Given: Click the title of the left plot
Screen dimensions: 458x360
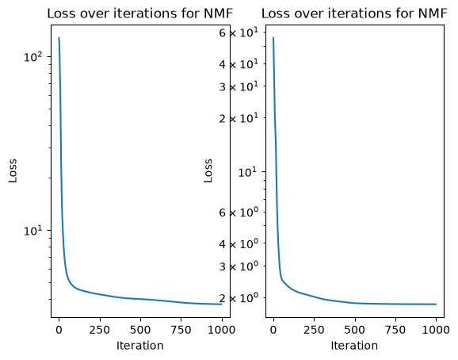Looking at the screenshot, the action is click(140, 13).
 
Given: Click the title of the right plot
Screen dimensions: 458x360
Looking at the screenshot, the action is click(354, 13).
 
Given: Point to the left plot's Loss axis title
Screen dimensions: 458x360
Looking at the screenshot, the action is click(13, 171).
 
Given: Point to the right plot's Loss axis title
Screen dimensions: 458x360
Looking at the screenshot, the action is click(208, 171).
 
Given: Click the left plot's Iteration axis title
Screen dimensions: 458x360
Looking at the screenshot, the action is click(140, 346).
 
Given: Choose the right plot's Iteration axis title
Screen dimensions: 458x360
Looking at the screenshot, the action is click(354, 346).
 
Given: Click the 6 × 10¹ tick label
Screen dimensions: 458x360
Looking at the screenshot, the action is click(239, 33).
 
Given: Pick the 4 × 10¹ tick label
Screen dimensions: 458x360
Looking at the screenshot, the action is click(239, 63).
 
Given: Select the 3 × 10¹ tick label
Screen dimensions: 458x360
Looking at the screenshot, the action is click(239, 86).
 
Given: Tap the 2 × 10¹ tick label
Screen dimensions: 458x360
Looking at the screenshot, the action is click(239, 118).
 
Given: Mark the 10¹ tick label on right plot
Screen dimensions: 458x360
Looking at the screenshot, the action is click(248, 172).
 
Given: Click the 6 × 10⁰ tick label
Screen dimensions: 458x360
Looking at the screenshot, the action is click(239, 213).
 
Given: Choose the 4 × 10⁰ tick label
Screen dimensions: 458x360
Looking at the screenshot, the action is click(239, 243).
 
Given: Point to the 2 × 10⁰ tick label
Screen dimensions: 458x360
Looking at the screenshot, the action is click(239, 298).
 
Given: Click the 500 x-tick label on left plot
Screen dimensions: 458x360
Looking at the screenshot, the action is click(140, 330).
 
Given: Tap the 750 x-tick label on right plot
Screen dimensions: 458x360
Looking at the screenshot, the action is click(395, 330).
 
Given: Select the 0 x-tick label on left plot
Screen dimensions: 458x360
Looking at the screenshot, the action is click(59, 330).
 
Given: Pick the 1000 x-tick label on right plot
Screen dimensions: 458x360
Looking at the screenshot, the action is click(436, 330).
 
